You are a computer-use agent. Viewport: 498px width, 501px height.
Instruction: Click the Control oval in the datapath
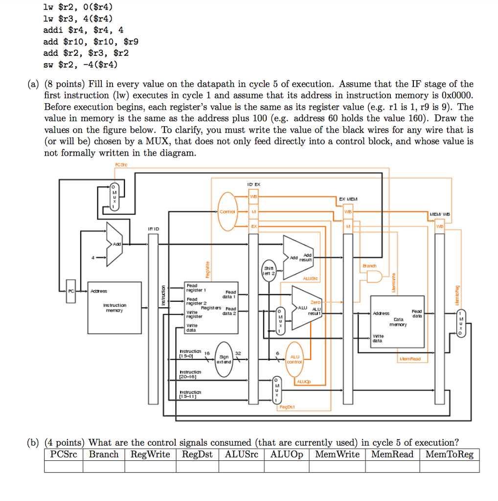(x=226, y=211)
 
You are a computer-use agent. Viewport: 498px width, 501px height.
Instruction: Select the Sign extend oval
(x=225, y=360)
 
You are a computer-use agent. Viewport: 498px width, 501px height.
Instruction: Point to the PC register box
(x=71, y=291)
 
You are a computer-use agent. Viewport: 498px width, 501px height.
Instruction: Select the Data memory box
(x=398, y=320)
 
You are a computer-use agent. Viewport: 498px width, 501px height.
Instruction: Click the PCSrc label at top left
(x=120, y=165)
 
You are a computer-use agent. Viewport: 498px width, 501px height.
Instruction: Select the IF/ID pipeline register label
(x=153, y=228)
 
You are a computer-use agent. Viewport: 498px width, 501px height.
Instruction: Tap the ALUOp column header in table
(x=287, y=455)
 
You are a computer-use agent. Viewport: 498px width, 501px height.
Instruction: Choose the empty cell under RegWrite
(x=150, y=467)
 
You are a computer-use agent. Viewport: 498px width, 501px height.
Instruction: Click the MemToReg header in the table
(x=449, y=455)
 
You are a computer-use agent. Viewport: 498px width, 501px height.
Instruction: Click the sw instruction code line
(x=81, y=64)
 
